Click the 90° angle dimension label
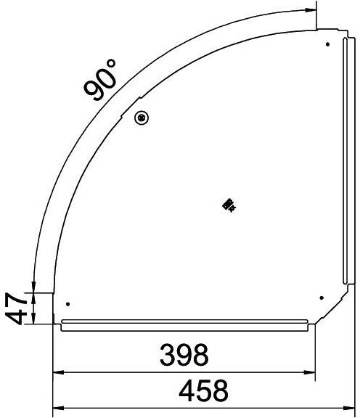click(100, 80)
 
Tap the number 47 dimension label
click(17, 308)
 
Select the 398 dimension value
click(184, 355)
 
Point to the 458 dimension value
click(203, 391)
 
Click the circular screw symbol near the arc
click(142, 118)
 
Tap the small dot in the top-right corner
click(328, 44)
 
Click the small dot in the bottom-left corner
click(67, 304)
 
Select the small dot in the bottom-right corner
click(322, 298)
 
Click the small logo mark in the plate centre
click(229, 205)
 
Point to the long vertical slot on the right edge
click(345, 161)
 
